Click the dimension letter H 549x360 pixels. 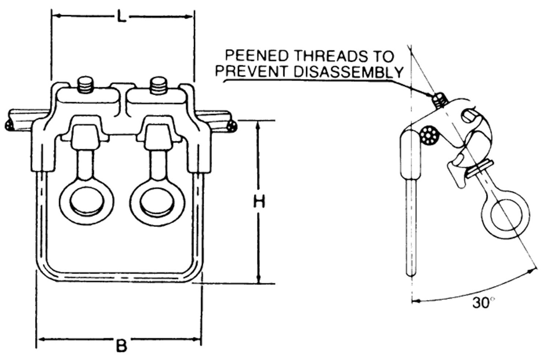[259, 202]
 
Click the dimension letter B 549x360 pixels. [121, 346]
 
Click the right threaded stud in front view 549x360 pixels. [158, 84]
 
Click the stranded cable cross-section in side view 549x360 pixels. [430, 136]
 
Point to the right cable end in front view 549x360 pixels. [232, 124]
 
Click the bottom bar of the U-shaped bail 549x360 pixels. [119, 276]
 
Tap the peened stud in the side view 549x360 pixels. [440, 99]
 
